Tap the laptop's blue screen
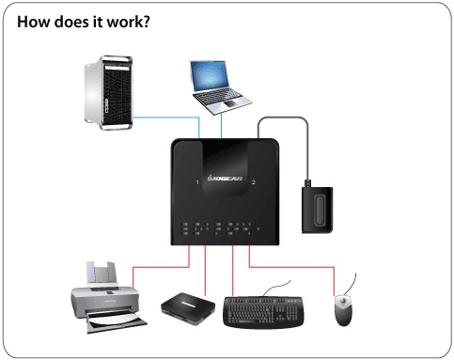point(214,78)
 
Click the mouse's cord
point(353,283)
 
